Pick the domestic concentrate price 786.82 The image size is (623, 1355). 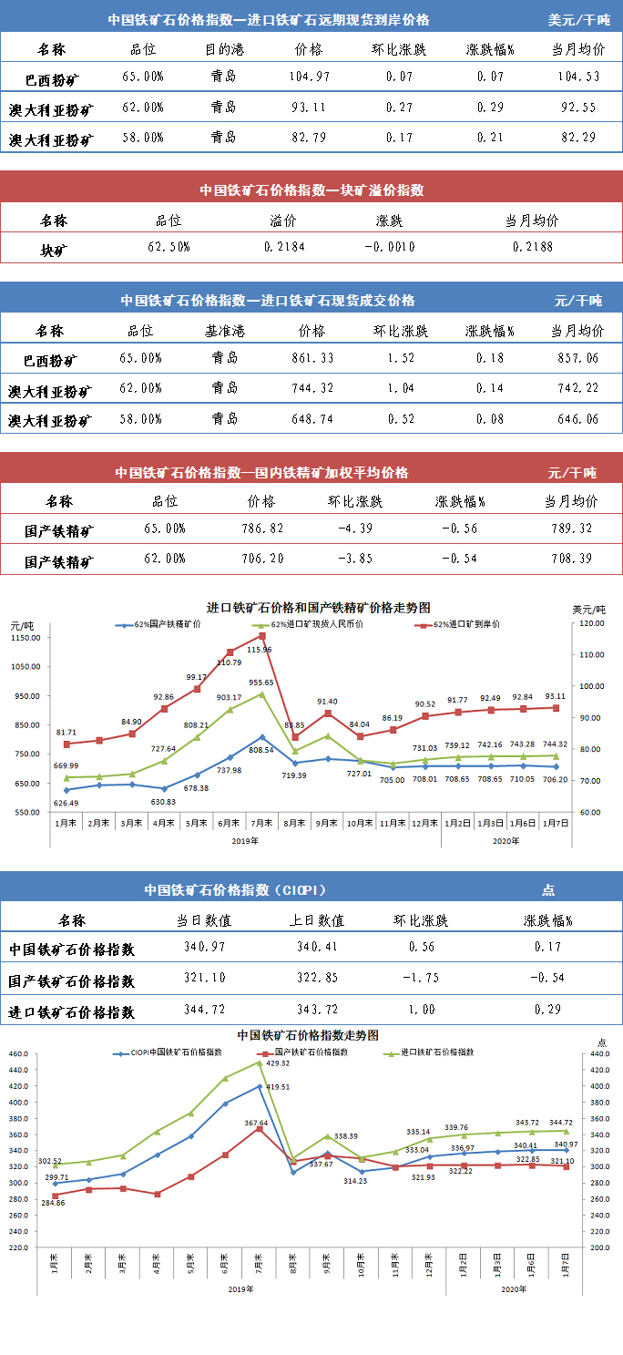[x=260, y=529]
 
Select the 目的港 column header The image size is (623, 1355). [x=222, y=48]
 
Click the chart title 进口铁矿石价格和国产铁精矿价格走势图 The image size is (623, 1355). [x=318, y=607]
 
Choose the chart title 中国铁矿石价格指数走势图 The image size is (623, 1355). [x=308, y=1035]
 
